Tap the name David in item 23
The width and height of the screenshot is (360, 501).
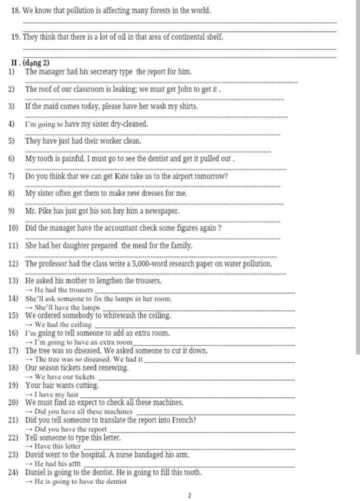[34, 455]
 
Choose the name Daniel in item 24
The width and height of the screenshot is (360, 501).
[36, 472]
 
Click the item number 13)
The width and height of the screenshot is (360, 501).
[13, 281]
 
